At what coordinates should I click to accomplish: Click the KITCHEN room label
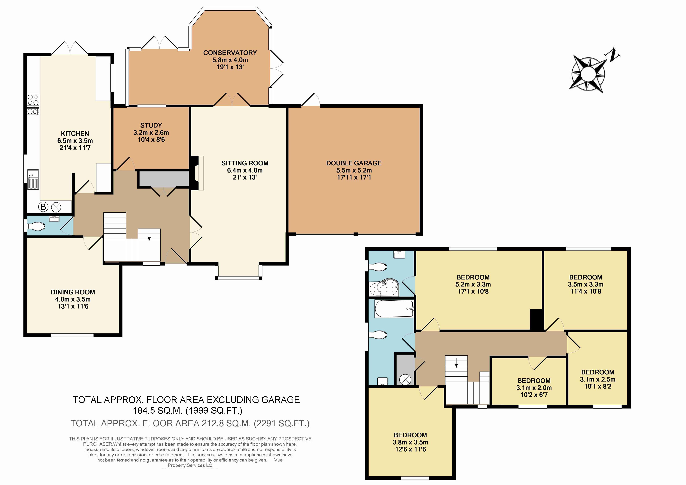pos(75,134)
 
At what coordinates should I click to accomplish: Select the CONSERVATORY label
pos(230,53)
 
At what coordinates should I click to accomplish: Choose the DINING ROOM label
pos(73,292)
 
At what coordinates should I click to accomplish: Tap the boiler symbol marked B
pos(43,207)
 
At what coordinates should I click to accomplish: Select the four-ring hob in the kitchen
pos(33,101)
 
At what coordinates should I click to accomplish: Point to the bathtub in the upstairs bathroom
pos(394,309)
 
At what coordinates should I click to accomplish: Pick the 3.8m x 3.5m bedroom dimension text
pos(410,442)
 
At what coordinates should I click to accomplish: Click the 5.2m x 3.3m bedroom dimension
pos(473,285)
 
